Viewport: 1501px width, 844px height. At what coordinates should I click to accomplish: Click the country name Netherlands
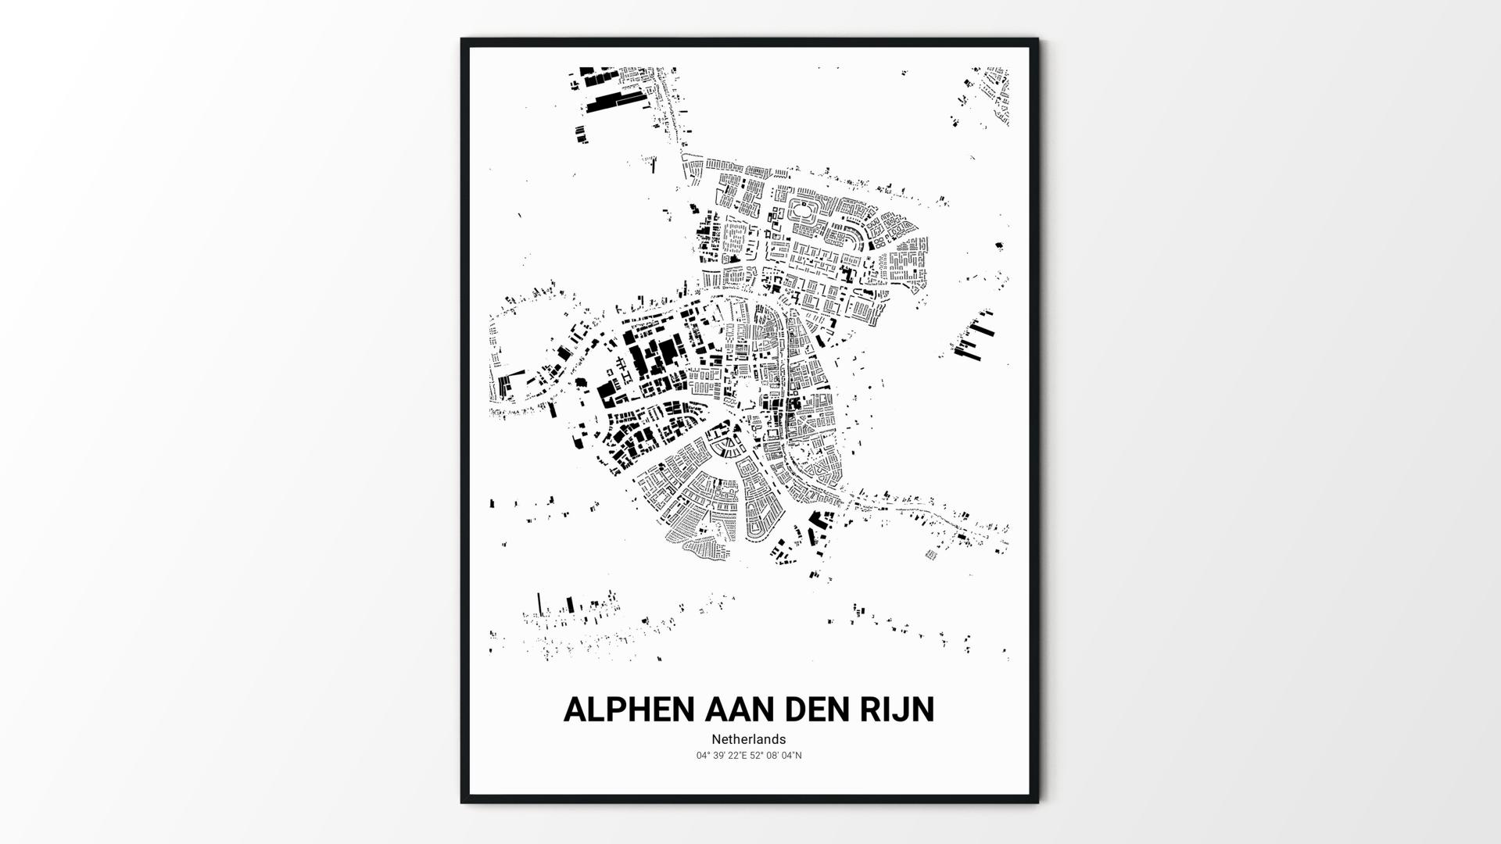coord(748,739)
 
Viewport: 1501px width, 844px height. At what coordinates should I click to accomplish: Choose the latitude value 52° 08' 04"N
coord(776,756)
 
